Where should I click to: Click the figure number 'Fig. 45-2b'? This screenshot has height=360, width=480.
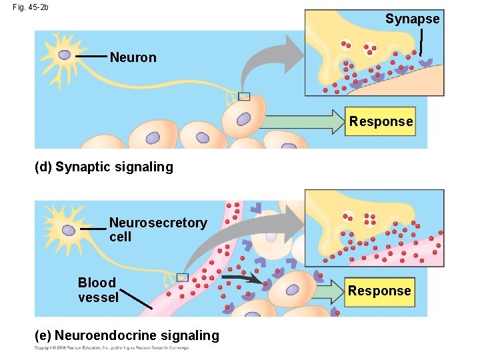pos(30,7)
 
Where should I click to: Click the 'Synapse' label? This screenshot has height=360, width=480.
pos(412,19)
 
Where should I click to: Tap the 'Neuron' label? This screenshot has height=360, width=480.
pos(133,57)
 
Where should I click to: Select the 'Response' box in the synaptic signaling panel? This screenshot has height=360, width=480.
pos(381,121)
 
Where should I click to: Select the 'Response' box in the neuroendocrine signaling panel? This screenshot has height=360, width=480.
pos(379,291)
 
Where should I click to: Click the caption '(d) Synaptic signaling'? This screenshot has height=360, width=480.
pos(103,167)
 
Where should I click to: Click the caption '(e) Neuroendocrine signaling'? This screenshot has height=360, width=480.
pos(127,335)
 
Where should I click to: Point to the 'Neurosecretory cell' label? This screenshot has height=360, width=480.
pos(157,229)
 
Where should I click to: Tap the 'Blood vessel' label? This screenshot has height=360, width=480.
pos(97,289)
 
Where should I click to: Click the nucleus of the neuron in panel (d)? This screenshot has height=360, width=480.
pos(65,55)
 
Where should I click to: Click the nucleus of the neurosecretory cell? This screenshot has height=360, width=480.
pos(68,230)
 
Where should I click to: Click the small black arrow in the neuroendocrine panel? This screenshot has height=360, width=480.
pos(243,279)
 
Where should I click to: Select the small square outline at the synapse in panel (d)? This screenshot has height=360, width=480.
pos(245,96)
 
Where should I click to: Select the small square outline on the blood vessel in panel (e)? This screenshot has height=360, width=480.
pos(183,277)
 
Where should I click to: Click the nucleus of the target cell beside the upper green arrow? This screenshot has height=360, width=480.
pos(243,119)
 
